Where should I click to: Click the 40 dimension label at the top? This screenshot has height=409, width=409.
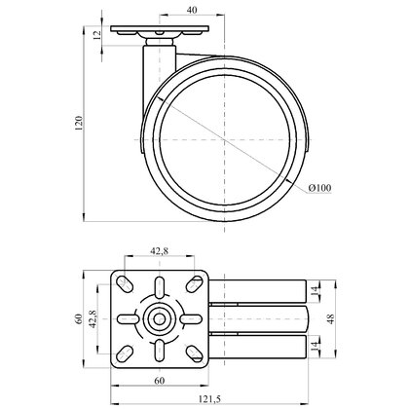point(192,10)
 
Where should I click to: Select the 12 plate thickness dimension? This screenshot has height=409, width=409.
point(97,35)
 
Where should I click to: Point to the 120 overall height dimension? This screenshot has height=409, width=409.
point(79,123)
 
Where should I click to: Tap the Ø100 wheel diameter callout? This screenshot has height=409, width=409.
point(319,188)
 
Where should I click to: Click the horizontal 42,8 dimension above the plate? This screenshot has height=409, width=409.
point(159,251)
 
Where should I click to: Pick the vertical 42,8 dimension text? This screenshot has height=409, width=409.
point(93,318)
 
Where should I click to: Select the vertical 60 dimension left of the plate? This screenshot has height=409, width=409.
point(78,318)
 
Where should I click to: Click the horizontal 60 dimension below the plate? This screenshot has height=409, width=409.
point(160,381)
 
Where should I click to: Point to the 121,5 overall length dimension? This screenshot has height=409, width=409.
point(209,399)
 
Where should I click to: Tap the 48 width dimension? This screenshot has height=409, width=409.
point(331,318)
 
